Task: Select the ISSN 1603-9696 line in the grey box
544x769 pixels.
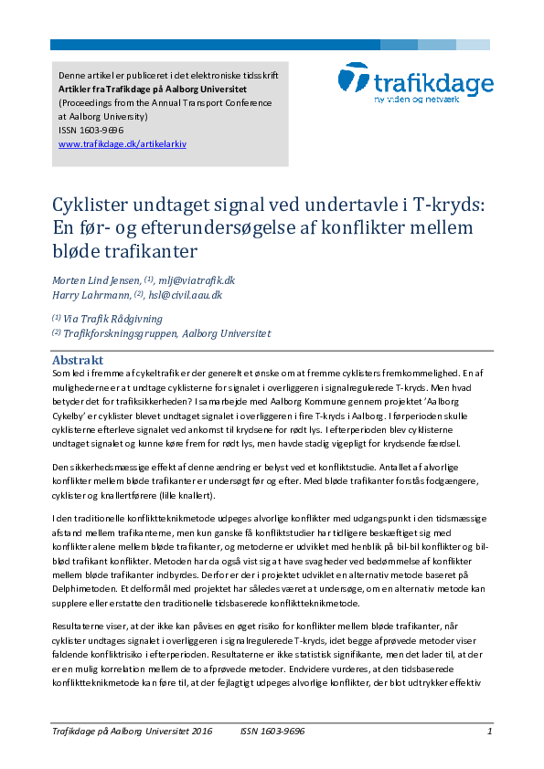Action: click(91, 131)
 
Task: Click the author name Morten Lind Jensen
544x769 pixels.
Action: click(96, 280)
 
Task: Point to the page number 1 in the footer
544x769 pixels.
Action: click(490, 731)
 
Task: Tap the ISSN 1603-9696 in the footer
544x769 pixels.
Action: click(272, 731)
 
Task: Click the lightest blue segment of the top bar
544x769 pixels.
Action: click(473, 44)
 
